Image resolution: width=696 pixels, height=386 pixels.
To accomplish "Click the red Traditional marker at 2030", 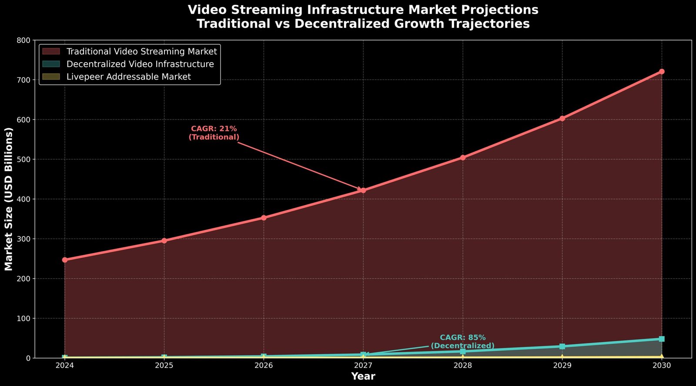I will click(x=662, y=71).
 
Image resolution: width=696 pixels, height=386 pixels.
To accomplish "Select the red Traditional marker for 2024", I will click(x=65, y=260).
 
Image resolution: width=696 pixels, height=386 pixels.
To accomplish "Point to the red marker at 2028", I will click(x=463, y=158).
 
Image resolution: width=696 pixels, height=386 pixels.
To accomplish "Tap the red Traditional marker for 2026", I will click(x=264, y=218).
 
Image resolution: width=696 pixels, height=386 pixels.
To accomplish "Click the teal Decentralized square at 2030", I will click(x=662, y=339).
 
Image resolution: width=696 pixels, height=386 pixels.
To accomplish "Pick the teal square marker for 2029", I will click(x=562, y=346).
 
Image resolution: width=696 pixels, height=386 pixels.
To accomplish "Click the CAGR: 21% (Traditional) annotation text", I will click(x=214, y=133).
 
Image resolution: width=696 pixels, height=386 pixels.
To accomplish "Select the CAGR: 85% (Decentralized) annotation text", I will click(x=462, y=342).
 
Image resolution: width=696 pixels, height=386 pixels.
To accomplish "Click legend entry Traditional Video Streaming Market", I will click(x=141, y=51).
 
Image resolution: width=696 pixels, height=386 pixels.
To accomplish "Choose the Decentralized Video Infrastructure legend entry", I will click(x=140, y=64).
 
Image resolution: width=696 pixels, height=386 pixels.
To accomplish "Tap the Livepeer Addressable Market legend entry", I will click(x=128, y=77).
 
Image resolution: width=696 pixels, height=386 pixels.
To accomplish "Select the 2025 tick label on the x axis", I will click(x=164, y=366).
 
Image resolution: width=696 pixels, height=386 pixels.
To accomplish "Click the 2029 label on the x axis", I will click(x=562, y=366).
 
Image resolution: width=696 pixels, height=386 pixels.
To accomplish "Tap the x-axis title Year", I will click(x=363, y=376).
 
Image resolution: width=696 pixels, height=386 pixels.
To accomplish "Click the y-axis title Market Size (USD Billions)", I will click(x=9, y=199).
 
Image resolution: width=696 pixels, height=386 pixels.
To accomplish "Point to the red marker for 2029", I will click(x=562, y=118).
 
